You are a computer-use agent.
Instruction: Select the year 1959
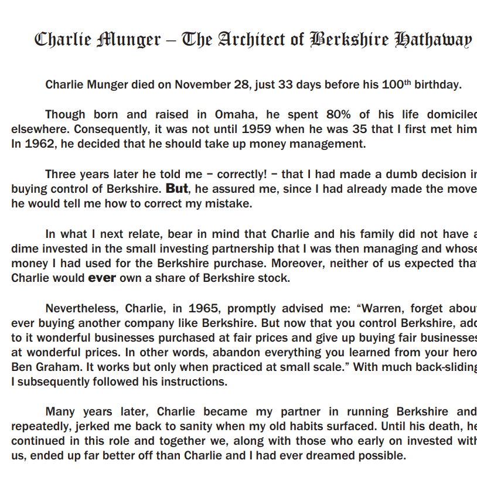pos(257,130)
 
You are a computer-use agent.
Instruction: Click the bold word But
pos(178,189)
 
